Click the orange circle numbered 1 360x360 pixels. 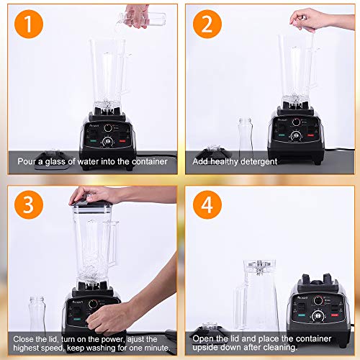point(29,24)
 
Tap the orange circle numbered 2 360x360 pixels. point(207,24)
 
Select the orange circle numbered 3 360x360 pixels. point(29,204)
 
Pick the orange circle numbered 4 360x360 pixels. point(207,204)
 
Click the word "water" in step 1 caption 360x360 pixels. point(88,161)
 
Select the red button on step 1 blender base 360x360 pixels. point(122,140)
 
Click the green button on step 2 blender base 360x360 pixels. point(282,135)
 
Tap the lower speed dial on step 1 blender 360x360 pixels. point(107,141)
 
